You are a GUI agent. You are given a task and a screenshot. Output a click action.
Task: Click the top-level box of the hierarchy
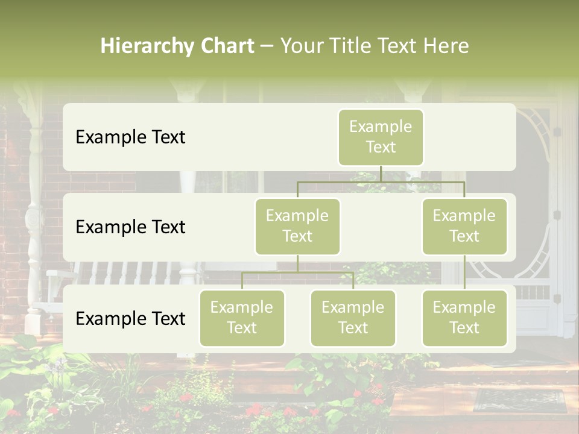pyautogui.click(x=381, y=137)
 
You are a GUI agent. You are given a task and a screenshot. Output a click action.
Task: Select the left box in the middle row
pyautogui.click(x=297, y=226)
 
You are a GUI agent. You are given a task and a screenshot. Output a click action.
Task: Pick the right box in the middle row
pyautogui.click(x=464, y=226)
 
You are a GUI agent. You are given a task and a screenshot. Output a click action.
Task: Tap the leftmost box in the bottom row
pyautogui.click(x=242, y=318)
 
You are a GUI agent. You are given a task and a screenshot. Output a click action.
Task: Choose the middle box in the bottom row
pyautogui.click(x=353, y=318)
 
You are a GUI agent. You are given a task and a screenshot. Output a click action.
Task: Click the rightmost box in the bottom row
pyautogui.click(x=464, y=318)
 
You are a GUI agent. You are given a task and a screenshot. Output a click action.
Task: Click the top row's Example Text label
pyautogui.click(x=130, y=137)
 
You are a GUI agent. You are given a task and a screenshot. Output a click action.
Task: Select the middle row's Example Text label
pyautogui.click(x=130, y=227)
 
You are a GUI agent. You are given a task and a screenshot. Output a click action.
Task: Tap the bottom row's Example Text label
pyautogui.click(x=130, y=318)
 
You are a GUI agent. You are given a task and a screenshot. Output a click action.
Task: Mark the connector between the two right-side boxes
pyautogui.click(x=464, y=272)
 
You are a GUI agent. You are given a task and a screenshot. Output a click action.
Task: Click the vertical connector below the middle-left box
pyautogui.click(x=297, y=263)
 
